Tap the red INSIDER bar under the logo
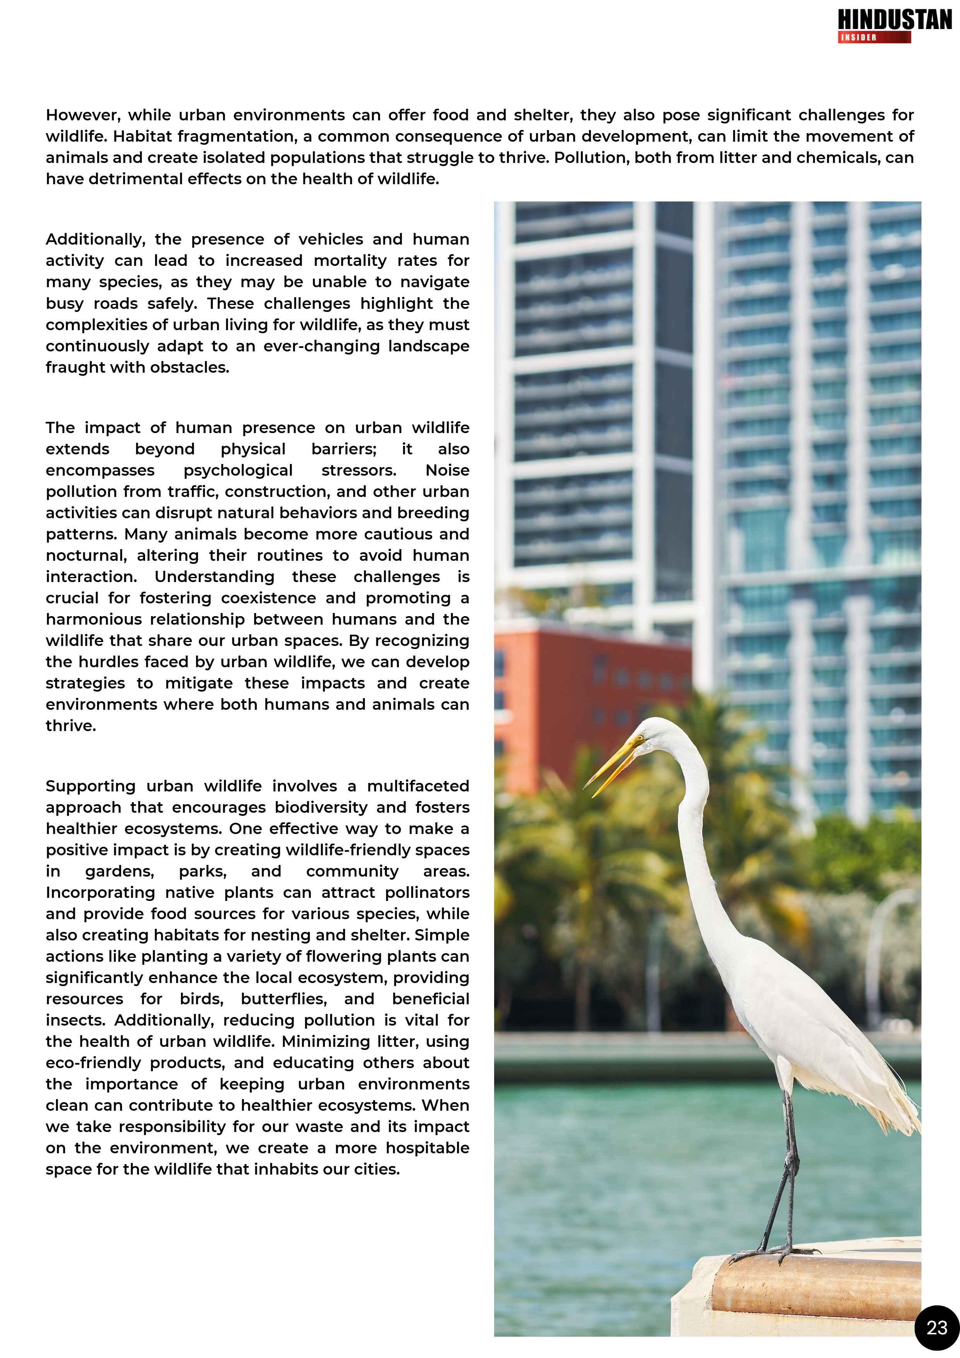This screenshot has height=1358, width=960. coord(874,37)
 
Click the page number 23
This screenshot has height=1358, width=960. coord(936,1328)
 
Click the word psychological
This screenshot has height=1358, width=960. coord(238,470)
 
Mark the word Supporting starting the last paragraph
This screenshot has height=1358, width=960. coord(90,786)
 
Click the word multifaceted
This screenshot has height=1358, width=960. coord(418,786)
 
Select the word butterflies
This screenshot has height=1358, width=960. coord(283,999)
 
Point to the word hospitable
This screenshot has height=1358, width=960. coord(427,1148)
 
